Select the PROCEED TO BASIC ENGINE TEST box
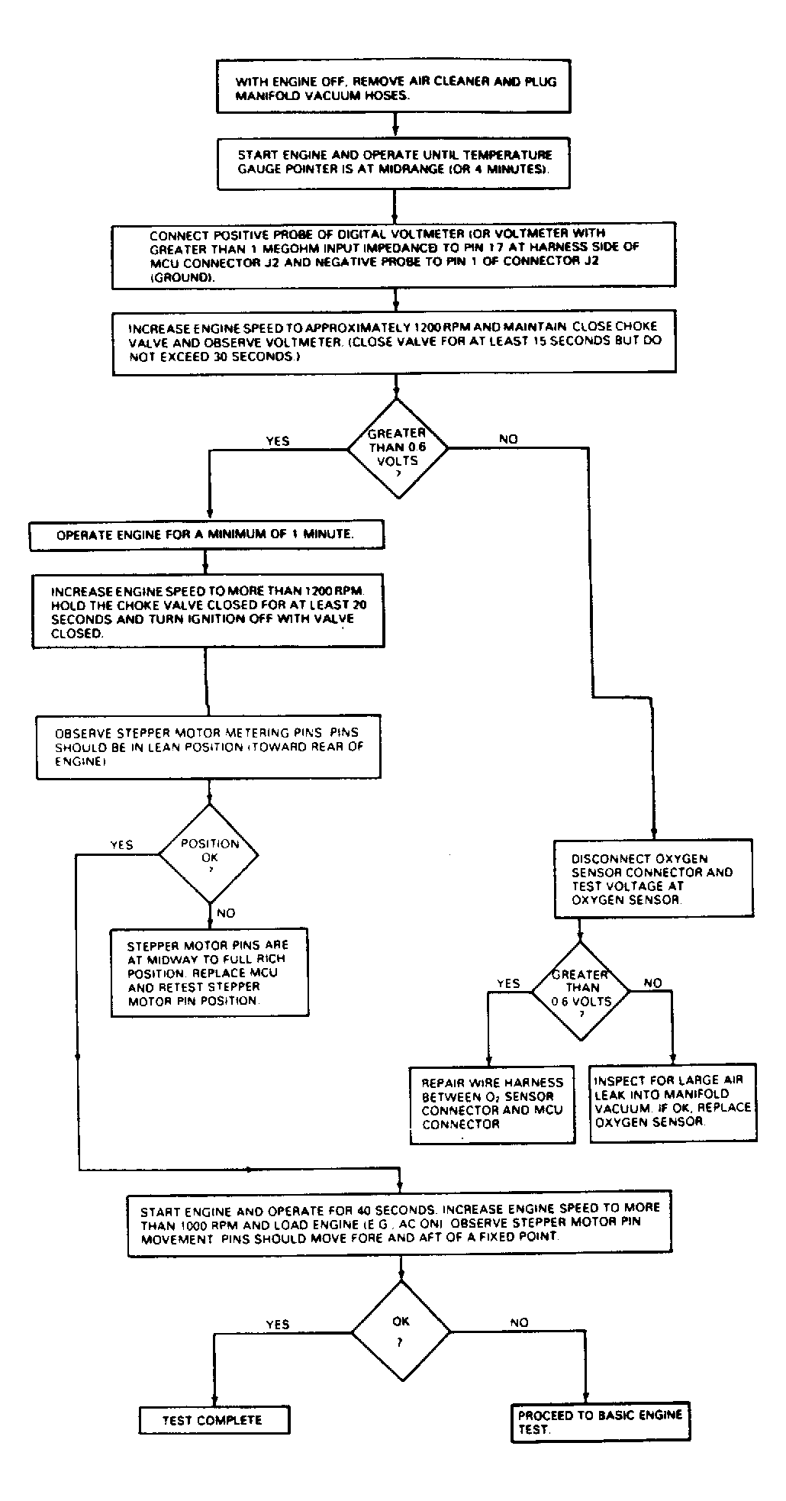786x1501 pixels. [601, 1422]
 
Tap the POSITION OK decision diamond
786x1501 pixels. [208, 854]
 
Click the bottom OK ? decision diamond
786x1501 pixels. [401, 1332]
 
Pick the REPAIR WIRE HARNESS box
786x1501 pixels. [493, 1104]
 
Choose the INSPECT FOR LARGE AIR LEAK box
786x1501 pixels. [674, 1102]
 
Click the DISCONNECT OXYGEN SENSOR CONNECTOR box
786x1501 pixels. [653, 879]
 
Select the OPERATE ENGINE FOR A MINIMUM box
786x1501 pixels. [206, 535]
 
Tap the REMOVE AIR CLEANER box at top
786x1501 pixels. [395, 87]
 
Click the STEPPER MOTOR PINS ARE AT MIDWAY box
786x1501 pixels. [210, 973]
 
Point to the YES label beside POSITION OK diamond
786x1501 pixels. [122, 845]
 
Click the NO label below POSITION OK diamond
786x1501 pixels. [226, 913]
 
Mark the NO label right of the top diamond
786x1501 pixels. [508, 439]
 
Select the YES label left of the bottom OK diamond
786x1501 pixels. [278, 1325]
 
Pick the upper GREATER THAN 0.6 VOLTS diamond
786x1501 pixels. [398, 448]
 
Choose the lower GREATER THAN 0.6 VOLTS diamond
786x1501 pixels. [581, 991]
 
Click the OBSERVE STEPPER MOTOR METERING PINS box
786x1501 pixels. [208, 747]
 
